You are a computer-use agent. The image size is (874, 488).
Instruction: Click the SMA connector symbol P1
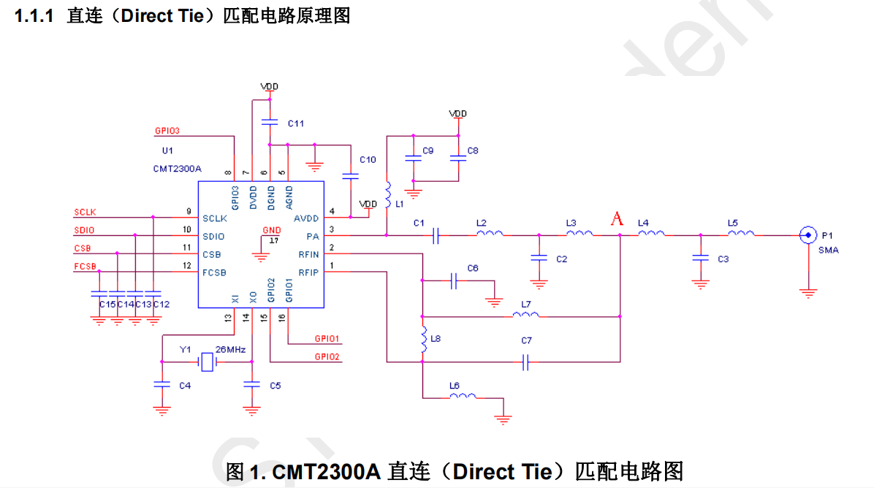pyautogui.click(x=807, y=235)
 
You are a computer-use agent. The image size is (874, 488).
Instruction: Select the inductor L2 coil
pyautogui.click(x=490, y=234)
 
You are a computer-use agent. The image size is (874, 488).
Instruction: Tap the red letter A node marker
pyautogui.click(x=617, y=218)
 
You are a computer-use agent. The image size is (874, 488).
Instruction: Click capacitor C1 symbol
pyautogui.click(x=436, y=235)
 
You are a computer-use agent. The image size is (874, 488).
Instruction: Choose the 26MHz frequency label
pyautogui.click(x=230, y=350)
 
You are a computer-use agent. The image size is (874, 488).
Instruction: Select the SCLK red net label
pyautogui.click(x=85, y=213)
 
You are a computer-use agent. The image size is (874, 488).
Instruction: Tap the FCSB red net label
pyautogui.click(x=85, y=267)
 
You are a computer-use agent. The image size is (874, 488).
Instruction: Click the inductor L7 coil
pyautogui.click(x=526, y=315)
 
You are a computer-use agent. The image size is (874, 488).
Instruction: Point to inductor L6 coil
pyautogui.click(x=463, y=397)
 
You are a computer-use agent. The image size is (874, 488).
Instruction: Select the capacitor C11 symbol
pyautogui.click(x=270, y=122)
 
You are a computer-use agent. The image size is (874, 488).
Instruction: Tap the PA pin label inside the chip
pyautogui.click(x=313, y=236)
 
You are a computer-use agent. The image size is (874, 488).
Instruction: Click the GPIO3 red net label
pyautogui.click(x=167, y=131)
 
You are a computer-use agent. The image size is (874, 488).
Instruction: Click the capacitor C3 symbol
pyautogui.click(x=700, y=259)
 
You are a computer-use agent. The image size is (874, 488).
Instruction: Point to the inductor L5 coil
pyautogui.click(x=741, y=234)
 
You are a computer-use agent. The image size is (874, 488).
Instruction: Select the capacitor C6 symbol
pyautogui.click(x=453, y=281)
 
